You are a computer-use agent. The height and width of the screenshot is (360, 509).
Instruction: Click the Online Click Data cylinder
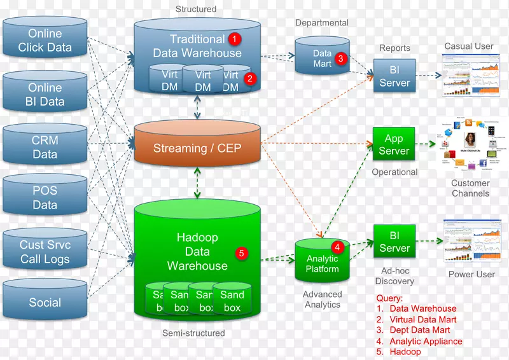point(45,40)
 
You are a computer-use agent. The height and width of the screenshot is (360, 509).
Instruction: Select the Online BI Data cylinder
point(45,94)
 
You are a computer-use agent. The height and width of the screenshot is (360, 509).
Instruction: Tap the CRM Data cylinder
point(45,148)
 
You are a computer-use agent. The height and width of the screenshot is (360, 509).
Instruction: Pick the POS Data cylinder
point(45,198)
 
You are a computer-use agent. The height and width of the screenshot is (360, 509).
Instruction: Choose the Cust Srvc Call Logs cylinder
point(45,252)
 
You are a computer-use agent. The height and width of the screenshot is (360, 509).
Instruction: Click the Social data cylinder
point(45,303)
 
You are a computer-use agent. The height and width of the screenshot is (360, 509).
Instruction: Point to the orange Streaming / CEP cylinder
point(197,149)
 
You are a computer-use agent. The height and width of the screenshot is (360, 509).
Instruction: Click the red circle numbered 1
point(235,39)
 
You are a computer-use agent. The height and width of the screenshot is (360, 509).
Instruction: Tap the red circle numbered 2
point(250,79)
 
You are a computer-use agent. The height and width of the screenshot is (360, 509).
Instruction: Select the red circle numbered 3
point(340,59)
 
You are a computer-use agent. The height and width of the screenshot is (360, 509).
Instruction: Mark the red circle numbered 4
point(338,247)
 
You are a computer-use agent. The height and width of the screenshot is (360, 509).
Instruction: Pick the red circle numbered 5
point(241,253)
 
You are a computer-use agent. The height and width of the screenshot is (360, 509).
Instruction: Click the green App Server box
point(394,144)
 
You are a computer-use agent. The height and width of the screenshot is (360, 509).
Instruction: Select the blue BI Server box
point(394,76)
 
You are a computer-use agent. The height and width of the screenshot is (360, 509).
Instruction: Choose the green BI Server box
point(394,242)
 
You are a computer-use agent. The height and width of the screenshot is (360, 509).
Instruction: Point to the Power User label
point(471,274)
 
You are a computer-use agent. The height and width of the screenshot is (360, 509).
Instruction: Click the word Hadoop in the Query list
point(405,352)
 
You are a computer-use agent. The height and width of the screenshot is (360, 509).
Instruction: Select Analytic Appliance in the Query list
point(426,341)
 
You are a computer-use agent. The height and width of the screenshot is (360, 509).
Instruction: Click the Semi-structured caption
point(193,333)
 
